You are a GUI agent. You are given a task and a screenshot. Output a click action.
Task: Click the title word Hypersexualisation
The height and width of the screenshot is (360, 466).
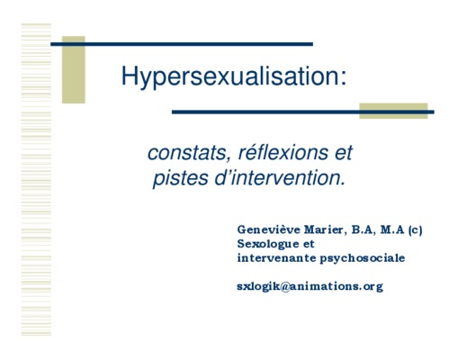click(x=230, y=76)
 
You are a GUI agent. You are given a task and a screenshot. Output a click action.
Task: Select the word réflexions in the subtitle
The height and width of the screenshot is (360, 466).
click(x=283, y=152)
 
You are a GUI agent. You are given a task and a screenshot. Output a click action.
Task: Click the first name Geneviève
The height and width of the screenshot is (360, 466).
click(x=269, y=229)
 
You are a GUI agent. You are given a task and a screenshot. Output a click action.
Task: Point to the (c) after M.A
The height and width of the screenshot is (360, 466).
click(x=415, y=230)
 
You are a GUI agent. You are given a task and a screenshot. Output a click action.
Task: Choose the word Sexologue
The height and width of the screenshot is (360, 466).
click(x=268, y=244)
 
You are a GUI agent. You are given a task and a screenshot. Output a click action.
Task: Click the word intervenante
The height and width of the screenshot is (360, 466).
click(x=276, y=258)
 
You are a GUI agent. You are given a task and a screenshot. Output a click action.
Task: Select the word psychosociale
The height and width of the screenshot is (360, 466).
click(x=363, y=258)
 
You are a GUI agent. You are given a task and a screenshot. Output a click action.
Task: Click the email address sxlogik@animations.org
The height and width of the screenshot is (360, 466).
click(x=310, y=286)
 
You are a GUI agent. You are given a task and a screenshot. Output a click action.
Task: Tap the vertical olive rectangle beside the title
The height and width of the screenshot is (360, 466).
click(x=74, y=69)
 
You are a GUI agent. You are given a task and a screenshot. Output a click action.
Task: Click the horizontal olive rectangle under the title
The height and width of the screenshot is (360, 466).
click(x=393, y=111)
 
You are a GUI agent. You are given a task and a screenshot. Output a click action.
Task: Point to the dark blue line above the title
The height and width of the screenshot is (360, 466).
click(x=182, y=44)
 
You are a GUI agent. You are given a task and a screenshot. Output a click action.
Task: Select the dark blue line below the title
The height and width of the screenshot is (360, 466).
click(x=303, y=112)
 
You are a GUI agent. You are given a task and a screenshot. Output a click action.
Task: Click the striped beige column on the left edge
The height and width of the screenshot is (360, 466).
click(x=36, y=179)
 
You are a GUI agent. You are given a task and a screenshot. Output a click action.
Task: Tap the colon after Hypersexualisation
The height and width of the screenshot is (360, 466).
click(x=344, y=78)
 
